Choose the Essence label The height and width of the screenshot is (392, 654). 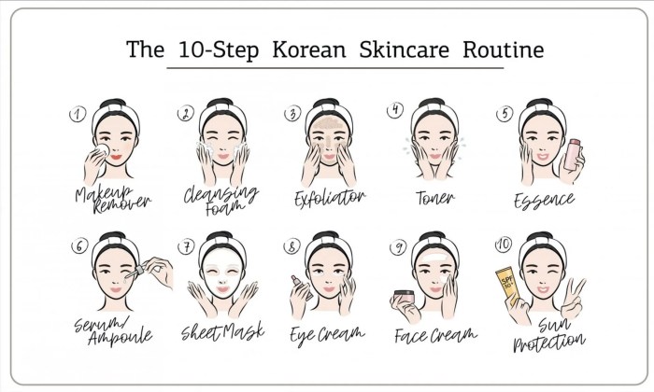(x=544, y=199)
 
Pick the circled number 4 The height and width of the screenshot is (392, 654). (x=396, y=109)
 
